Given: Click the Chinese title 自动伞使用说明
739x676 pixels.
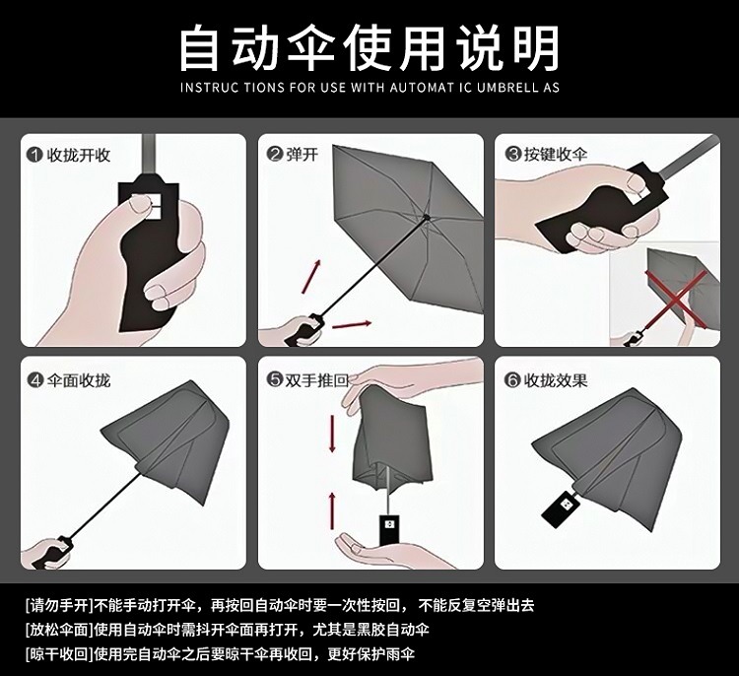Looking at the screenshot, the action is [x=369, y=48].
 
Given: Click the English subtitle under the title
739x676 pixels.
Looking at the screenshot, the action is [x=369, y=88].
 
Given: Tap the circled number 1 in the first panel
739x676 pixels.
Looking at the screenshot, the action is [x=34, y=155].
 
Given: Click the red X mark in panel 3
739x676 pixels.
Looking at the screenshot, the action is [x=676, y=299].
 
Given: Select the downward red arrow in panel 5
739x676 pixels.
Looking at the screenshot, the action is [x=332, y=434].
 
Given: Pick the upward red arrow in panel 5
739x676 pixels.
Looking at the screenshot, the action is [x=332, y=510].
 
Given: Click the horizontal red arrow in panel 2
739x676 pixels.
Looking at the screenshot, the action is [x=352, y=324].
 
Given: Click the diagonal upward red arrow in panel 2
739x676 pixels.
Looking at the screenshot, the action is [x=311, y=276].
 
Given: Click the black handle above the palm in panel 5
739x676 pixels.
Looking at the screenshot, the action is [x=389, y=530].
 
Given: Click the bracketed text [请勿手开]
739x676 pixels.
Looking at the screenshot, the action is [x=59, y=605].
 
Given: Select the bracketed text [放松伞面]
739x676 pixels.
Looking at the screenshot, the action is [x=59, y=630].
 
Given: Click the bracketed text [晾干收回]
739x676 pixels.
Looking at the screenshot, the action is [x=59, y=654].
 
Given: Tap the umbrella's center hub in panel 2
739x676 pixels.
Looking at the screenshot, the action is [x=427, y=217].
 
